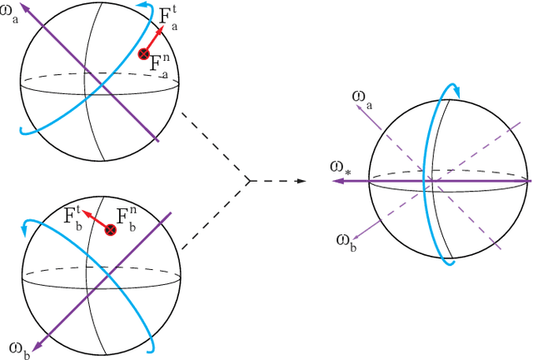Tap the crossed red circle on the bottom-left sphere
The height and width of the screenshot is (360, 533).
[109, 229]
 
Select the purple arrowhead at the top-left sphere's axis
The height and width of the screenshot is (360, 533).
[24, 7]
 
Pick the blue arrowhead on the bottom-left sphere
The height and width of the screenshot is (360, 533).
[29, 223]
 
